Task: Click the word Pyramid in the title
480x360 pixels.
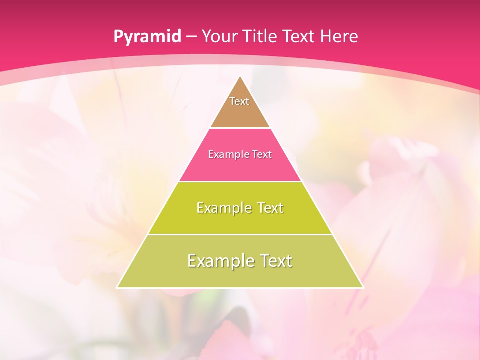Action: click(147, 37)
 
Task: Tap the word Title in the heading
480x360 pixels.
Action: click(260, 36)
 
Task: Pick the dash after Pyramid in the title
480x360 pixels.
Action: click(191, 37)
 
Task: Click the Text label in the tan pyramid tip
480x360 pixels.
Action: click(239, 101)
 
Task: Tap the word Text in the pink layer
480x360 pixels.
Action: click(261, 154)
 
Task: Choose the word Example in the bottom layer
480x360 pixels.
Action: click(218, 261)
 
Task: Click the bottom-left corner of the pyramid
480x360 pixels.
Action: click(117, 287)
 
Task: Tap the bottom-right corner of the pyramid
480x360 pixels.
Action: click(363, 287)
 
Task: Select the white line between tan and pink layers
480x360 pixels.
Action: click(240, 128)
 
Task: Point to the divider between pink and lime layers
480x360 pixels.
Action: click(240, 181)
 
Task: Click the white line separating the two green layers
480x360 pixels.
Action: click(240, 234)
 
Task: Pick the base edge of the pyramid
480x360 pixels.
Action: click(240, 288)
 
